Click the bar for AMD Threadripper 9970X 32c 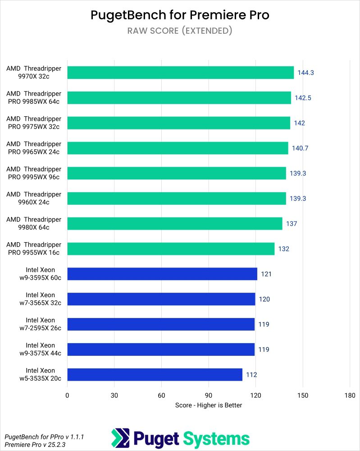click(180, 73)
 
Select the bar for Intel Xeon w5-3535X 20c click(155, 374)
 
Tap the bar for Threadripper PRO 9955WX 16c click(171, 249)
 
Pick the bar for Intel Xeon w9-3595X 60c click(162, 274)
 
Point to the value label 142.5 click(303, 98)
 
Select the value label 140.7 click(301, 148)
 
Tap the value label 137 click(291, 224)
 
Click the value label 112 click(251, 374)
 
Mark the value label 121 click(265, 274)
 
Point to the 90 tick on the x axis click(209, 395)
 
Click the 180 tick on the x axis click(350, 395)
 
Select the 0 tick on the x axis click(67, 395)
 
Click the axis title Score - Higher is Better click(209, 405)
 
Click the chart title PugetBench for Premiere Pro click(180, 15)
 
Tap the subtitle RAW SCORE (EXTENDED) click(180, 31)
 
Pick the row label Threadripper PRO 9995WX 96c click(34, 173)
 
